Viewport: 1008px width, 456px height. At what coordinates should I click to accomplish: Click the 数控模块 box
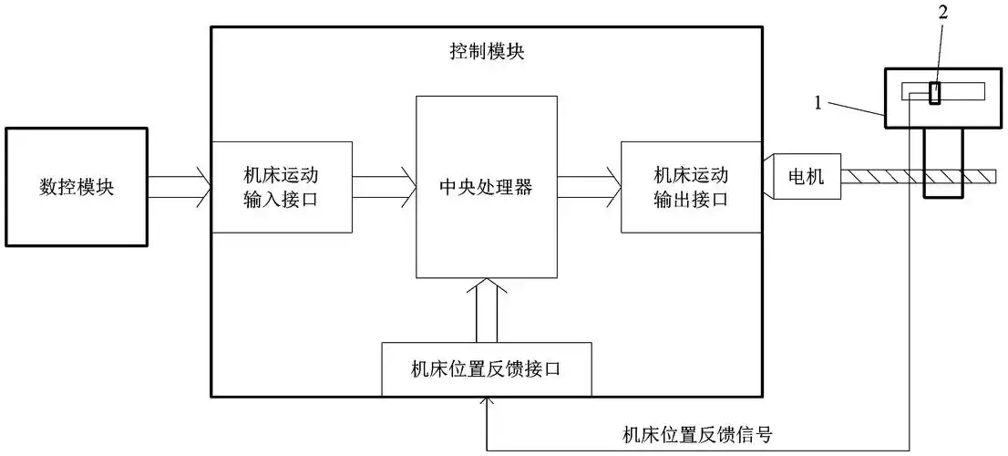[76, 187]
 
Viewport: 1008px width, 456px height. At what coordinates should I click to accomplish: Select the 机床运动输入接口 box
[282, 187]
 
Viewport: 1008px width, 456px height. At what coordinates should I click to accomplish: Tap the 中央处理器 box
[486, 188]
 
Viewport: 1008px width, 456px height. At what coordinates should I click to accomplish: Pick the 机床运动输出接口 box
[691, 187]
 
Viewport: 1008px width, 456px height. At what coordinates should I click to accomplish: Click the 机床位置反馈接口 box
[486, 369]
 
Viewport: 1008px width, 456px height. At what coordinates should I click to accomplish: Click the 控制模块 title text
[487, 51]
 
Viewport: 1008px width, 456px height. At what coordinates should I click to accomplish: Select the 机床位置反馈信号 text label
[697, 433]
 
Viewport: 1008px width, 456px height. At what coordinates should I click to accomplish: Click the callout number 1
[818, 104]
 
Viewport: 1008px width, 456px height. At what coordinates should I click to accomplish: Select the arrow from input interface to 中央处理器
[384, 187]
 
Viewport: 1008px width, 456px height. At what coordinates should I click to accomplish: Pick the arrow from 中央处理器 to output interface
[589, 187]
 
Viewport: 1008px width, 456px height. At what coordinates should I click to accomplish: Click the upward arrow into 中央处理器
[486, 310]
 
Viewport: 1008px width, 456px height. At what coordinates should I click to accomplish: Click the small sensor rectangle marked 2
[935, 92]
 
